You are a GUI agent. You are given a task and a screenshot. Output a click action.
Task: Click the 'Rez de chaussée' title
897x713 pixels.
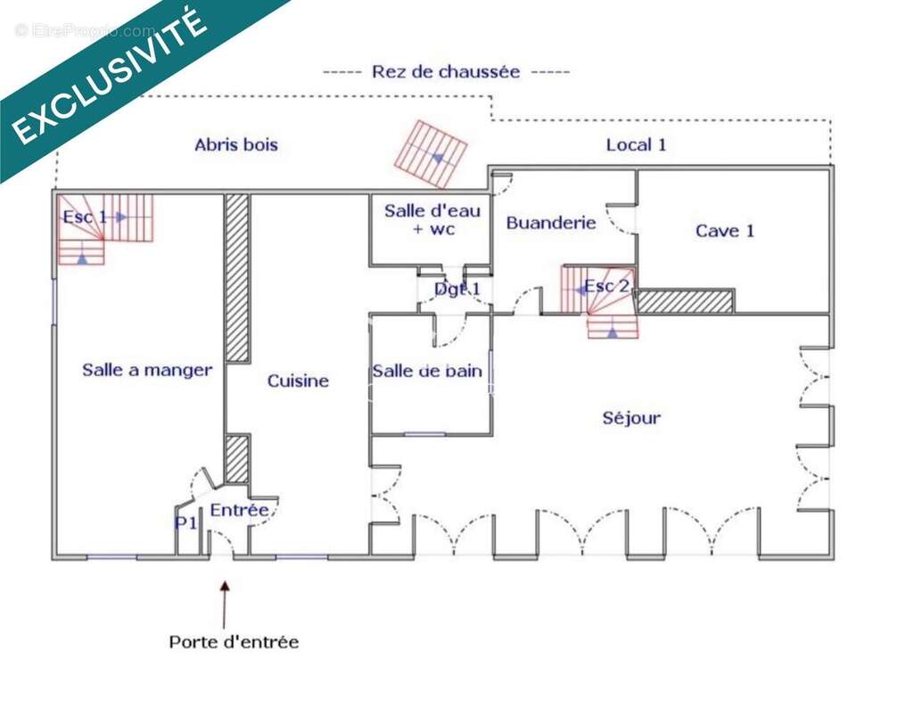coord(446,72)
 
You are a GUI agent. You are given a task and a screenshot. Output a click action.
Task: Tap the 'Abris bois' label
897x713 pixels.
coord(236,144)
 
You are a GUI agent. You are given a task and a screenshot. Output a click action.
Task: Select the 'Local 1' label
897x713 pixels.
coord(636,144)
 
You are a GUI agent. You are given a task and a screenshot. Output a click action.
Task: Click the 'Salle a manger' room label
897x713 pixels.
coord(147,370)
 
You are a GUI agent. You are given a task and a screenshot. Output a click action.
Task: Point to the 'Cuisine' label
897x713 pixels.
coord(298,381)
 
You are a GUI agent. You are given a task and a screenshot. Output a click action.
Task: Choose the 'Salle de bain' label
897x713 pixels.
coord(427,371)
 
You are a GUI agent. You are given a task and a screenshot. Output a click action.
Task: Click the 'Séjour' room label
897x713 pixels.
coord(631,418)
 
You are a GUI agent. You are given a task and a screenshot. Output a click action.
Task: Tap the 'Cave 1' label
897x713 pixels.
coord(725,231)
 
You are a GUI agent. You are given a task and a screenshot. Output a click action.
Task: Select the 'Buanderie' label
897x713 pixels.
coord(551,223)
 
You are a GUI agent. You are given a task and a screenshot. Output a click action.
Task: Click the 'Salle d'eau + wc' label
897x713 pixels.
coord(432,219)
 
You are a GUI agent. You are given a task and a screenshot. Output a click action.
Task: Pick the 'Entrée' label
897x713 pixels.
coord(240,510)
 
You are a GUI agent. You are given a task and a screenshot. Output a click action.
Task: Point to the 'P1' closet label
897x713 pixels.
coord(185,523)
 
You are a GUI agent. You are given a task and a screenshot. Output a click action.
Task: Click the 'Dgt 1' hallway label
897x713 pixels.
coord(457,290)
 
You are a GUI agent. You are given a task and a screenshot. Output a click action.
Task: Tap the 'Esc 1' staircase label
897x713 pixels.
coord(85,217)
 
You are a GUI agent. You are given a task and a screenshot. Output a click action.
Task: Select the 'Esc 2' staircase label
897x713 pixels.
coord(607,286)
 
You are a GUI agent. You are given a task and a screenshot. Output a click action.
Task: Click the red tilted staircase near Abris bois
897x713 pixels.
coord(431,154)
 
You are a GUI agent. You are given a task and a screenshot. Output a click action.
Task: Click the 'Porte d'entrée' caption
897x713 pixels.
coord(234,642)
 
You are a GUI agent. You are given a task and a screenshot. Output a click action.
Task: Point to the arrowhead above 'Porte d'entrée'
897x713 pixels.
coord(225,586)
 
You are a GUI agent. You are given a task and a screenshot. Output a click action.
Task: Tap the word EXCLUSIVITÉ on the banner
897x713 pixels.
coord(109,76)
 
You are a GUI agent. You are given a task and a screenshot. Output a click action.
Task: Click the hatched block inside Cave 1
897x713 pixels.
coord(685,301)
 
